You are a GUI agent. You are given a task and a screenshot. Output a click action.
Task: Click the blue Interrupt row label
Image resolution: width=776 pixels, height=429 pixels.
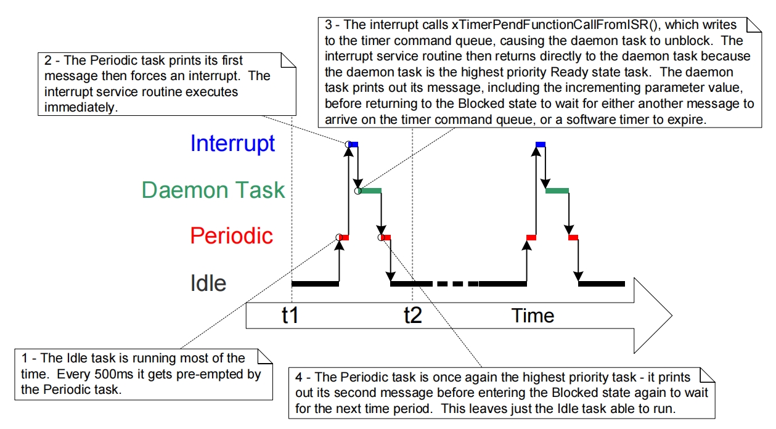pos(232,143)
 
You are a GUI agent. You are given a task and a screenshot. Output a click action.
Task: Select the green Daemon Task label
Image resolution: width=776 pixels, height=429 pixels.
pos(213,189)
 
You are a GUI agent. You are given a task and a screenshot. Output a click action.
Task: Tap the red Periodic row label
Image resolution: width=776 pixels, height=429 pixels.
pos(231,235)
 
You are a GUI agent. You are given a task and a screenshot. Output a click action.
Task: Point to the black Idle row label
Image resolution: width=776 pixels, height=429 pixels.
pos(208,283)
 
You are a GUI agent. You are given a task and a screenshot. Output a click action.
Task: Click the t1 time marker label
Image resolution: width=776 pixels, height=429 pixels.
pos(290,316)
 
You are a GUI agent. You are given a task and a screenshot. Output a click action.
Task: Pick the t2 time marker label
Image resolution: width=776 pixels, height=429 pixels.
pos(412,316)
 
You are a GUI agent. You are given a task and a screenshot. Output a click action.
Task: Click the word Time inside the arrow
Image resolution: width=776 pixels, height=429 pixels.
pos(533,316)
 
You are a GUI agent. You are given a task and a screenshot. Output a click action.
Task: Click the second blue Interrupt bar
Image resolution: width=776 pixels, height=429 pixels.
pos(541,144)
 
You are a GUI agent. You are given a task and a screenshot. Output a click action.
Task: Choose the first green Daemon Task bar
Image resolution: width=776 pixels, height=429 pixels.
pos(371,191)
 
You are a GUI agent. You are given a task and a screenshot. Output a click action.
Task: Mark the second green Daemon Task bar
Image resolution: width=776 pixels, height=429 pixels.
pos(557,191)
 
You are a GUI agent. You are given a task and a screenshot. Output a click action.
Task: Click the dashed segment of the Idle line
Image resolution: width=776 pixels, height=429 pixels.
pos(456,284)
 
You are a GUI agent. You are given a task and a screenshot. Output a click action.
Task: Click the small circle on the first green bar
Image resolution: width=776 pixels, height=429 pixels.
pos(357,191)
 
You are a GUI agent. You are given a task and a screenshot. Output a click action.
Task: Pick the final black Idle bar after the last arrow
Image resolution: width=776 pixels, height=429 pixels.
pos(601,284)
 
